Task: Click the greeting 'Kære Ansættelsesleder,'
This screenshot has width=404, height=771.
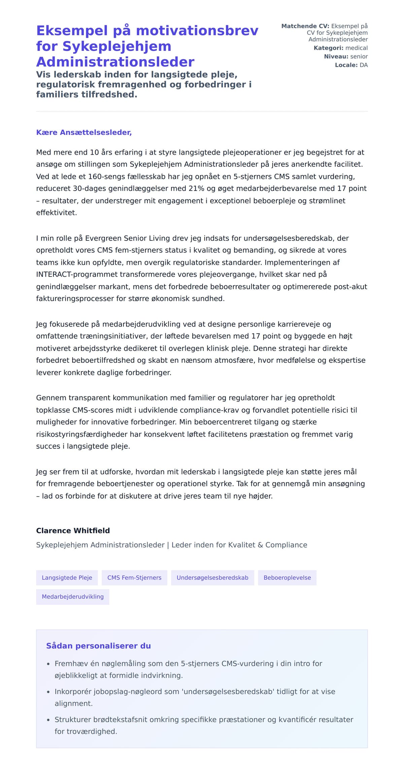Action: click(x=84, y=132)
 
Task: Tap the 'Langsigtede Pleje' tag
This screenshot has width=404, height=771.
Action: click(x=67, y=578)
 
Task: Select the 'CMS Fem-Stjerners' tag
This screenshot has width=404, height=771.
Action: click(x=134, y=578)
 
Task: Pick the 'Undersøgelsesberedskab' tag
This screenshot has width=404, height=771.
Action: click(x=212, y=578)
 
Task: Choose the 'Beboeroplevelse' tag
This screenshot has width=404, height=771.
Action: click(x=287, y=578)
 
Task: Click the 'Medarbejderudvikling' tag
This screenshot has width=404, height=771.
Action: click(x=73, y=596)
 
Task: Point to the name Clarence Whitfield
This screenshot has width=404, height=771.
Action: click(x=73, y=531)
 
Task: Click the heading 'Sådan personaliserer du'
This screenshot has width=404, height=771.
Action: click(x=98, y=646)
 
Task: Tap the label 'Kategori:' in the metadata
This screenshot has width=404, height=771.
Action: click(x=328, y=48)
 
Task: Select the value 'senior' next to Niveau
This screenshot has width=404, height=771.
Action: click(x=359, y=56)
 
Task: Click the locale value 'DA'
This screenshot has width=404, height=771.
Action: click(x=364, y=65)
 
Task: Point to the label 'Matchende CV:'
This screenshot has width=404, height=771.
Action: click(x=305, y=26)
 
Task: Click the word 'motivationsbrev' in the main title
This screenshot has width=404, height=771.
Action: click(x=197, y=31)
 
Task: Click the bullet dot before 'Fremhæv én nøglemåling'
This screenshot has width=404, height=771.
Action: click(x=48, y=664)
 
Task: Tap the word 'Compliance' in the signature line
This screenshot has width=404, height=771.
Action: click(x=286, y=545)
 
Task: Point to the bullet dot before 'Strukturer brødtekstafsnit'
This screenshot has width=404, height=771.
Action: click(x=48, y=720)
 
